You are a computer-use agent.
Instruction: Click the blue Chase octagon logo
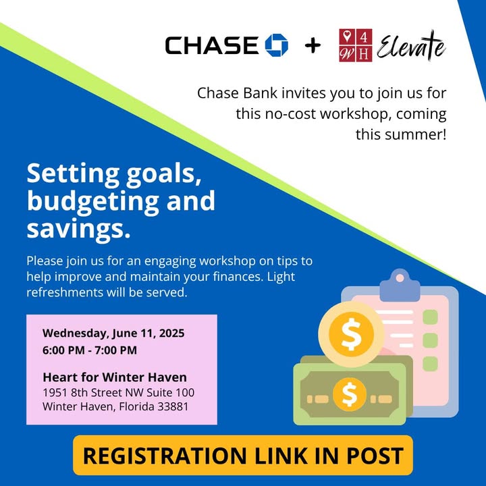click(x=277, y=45)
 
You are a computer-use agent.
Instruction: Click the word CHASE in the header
click(x=212, y=45)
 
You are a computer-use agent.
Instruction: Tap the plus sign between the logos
click(x=313, y=46)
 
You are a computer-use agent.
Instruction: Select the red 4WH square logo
click(x=356, y=45)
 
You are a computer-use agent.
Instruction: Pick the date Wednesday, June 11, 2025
click(x=113, y=333)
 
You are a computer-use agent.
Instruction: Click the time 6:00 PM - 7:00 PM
click(x=90, y=350)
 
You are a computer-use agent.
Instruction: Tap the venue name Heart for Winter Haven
click(x=115, y=377)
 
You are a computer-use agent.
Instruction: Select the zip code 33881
click(x=173, y=406)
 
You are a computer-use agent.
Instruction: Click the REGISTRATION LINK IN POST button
click(x=243, y=455)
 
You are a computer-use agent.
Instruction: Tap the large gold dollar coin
click(x=351, y=333)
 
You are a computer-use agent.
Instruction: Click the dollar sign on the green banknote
click(x=350, y=395)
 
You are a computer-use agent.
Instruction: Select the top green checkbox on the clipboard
click(x=430, y=317)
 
